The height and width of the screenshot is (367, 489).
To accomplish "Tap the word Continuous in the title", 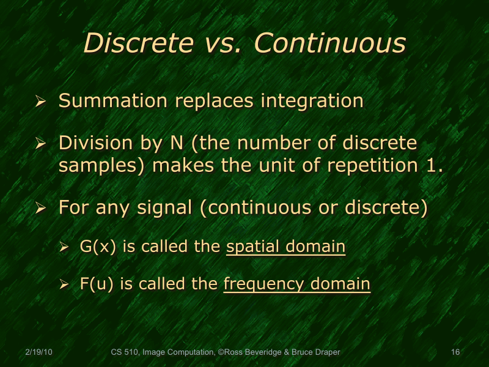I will pos(329,43).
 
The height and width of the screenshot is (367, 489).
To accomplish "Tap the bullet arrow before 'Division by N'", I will pos(41,145).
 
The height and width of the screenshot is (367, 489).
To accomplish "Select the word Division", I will pos(95,144).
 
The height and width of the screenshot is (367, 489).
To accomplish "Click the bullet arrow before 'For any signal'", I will pos(41,209).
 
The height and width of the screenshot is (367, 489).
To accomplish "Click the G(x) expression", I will pos(98,247).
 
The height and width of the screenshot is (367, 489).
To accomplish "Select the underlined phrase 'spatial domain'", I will pos(285,247).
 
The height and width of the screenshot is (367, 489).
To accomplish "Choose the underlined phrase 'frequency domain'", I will pos(296,284).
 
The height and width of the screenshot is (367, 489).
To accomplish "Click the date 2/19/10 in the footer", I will pos(40,352).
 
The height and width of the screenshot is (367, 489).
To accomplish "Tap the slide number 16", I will pos(455,352).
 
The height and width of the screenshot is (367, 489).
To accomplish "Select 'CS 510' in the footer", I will pos(125,352).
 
